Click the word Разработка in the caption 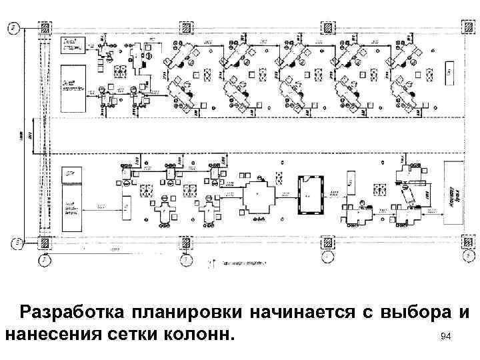71,313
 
